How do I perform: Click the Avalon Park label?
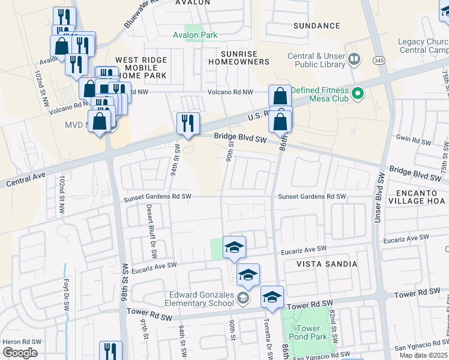coord(195,35)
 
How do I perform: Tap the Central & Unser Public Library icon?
coord(354,59)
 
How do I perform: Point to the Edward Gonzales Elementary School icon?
coord(243,298)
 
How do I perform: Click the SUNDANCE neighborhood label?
coord(316,26)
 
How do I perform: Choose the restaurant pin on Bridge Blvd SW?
coord(188,124)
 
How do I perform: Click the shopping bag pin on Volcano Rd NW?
coord(280,96)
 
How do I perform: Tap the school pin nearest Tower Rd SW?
coord(272,298)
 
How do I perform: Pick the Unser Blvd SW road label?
coord(378,204)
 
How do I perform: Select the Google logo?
coord(20,353)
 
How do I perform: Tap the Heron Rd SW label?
coord(22,341)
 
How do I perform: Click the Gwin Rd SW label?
coord(411,139)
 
